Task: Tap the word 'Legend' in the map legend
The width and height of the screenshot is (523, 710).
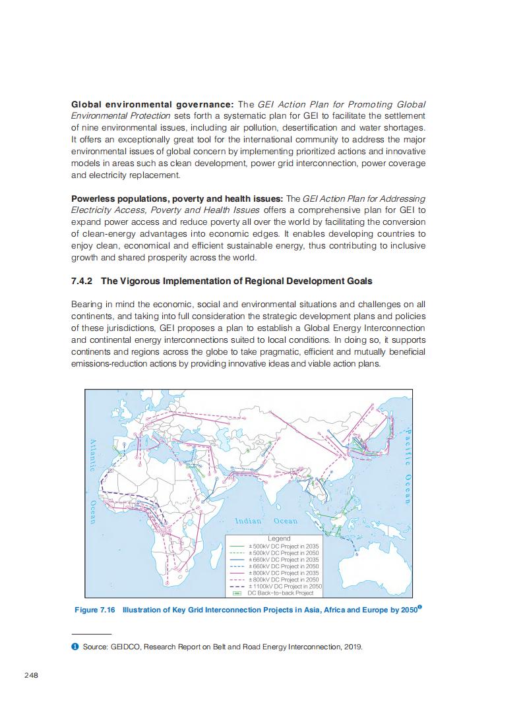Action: click(x=279, y=539)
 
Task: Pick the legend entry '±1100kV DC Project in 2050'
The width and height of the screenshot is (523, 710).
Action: click(x=285, y=586)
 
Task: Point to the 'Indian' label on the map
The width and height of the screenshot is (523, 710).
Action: click(x=249, y=521)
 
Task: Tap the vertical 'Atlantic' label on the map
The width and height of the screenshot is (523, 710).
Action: click(x=93, y=455)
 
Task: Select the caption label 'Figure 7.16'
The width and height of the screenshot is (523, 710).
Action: click(x=94, y=610)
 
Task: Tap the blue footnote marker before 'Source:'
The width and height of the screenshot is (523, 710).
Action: click(x=75, y=646)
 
